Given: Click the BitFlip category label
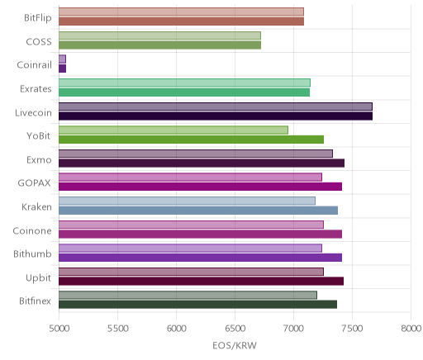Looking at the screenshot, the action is pos(38,18).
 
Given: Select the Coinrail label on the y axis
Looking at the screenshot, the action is pos(34,65).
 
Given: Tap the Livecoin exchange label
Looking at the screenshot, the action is pos(33,112).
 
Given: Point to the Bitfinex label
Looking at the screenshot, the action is pos(35,301).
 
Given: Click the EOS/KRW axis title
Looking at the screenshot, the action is pos(235,345).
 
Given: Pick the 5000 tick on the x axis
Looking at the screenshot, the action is pos(59,329).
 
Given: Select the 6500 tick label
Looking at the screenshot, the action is pos(235,329).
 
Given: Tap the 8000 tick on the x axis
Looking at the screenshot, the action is pos(411,329).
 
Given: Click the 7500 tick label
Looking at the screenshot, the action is pos(352,329).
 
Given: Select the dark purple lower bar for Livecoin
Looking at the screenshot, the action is pos(216,116).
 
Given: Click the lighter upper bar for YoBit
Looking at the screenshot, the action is pos(173,130).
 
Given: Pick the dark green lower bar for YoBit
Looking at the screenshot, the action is pos(192,140).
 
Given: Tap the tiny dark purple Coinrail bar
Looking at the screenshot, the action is pos(63,69).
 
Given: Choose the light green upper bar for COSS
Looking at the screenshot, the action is pos(159,36).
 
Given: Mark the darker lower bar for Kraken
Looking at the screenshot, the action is pos(198,211).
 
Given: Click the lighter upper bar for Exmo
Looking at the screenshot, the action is pos(196,154).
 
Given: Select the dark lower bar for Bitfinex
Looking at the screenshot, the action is pos(198,305).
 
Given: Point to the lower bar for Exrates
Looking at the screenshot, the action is pos(184,92).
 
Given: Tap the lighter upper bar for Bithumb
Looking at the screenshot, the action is pos(190,248).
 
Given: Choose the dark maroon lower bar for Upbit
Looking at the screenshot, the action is pos(202,282).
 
